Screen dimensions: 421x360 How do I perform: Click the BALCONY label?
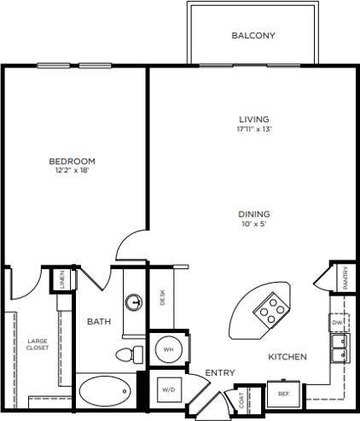pos(254,36)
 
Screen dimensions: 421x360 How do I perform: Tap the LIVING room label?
pos(253,119)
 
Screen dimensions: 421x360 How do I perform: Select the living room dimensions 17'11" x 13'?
pos(253,129)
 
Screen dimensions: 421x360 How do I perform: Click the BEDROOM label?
pos(72,161)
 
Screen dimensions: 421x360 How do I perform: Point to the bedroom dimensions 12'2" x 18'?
pos(72,170)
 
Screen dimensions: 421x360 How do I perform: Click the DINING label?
pos(253,214)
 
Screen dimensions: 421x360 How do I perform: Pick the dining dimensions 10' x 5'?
pos(253,224)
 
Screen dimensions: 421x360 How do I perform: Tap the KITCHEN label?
pos(287,356)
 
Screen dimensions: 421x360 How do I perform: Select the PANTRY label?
pos(345,278)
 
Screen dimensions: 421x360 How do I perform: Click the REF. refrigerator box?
pos(283,395)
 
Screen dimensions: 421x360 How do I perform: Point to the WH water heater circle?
pos(167,349)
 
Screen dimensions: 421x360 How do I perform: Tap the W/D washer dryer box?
pos(167,389)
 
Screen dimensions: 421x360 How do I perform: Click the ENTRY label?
pos(220,371)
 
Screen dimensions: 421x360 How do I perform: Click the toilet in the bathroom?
pos(125,354)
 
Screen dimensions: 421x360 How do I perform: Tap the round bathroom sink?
pos(134,301)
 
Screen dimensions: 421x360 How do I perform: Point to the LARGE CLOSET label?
pos(37,344)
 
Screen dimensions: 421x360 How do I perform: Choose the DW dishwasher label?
pos(338,322)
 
